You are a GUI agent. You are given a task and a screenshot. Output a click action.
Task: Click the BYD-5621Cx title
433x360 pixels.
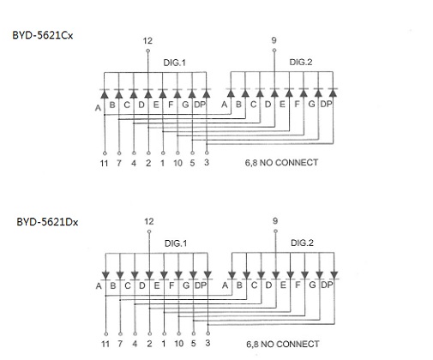tap(43, 35)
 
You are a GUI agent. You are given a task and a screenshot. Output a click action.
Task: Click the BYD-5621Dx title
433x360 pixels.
tap(47, 222)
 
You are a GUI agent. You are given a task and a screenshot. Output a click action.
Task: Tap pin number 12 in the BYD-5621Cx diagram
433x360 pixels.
tap(147, 41)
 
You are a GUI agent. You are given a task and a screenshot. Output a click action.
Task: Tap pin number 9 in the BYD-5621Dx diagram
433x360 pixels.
tap(275, 221)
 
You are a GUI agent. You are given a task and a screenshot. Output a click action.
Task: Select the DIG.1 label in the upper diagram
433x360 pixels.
tap(174, 63)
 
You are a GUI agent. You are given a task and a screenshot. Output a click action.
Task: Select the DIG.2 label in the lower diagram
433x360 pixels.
tap(302, 243)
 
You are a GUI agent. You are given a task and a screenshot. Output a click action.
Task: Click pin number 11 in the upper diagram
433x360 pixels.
tap(105, 163)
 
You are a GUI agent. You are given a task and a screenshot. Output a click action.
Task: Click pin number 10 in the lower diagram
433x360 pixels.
tap(179, 344)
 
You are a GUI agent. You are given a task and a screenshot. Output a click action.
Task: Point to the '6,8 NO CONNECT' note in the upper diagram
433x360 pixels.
tap(281, 163)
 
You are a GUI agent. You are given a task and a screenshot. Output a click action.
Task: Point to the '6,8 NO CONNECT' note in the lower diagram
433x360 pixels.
tap(283, 344)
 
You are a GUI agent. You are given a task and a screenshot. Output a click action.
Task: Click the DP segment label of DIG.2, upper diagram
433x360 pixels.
tap(326, 105)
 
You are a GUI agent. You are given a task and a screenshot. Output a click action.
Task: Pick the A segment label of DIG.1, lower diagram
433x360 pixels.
tap(99, 286)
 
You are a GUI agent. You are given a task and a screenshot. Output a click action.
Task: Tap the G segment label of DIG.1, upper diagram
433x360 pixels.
tap(185, 105)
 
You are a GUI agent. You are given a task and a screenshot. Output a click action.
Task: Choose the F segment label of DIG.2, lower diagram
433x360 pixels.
tap(298, 285)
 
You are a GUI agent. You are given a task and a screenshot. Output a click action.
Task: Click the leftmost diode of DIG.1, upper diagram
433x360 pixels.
tap(105, 93)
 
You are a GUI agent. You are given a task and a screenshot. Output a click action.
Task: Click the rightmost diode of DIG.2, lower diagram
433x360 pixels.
tap(334, 275)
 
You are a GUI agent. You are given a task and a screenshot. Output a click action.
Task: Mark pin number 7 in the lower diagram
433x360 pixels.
tap(120, 344)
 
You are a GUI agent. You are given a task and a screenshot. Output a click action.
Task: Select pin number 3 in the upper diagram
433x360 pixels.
tap(207, 163)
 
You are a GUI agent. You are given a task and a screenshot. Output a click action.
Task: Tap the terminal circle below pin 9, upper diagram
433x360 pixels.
tap(274, 51)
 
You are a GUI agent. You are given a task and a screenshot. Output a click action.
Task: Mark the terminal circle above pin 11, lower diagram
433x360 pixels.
tap(106, 333)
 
